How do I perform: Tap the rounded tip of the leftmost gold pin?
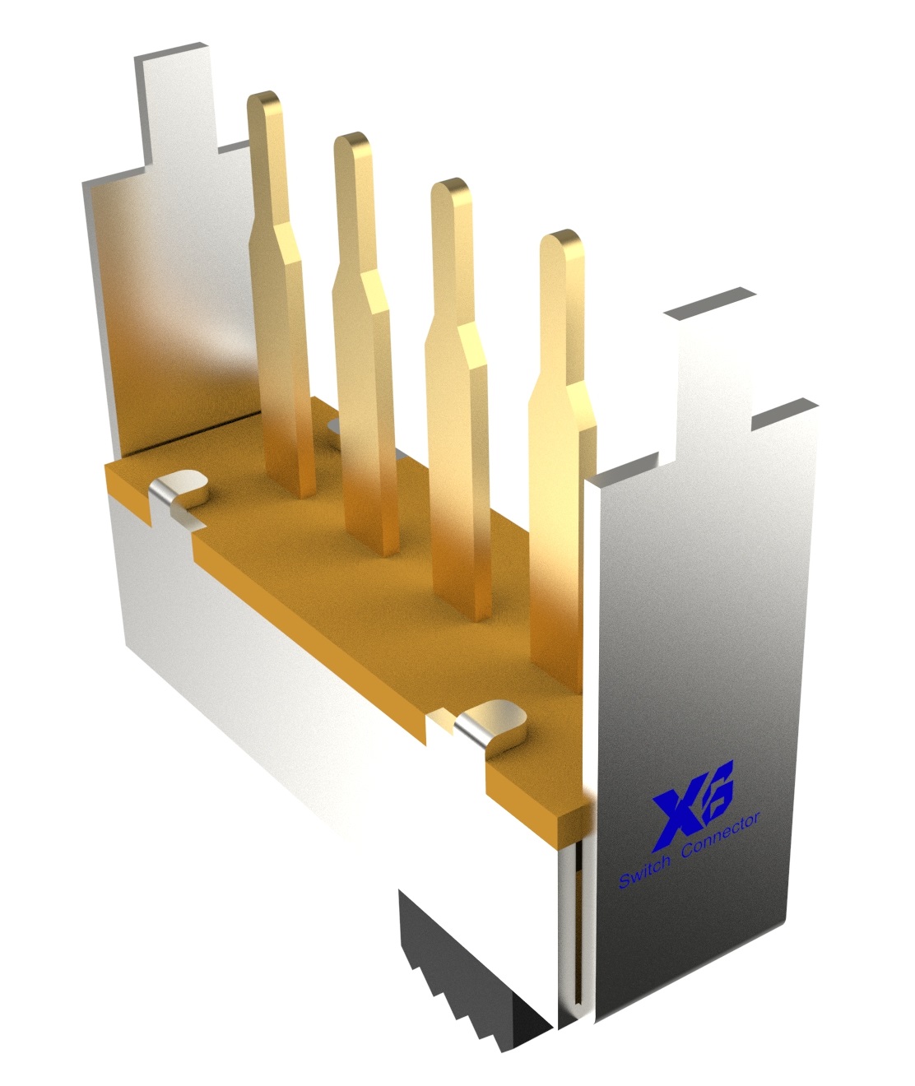tap(264, 102)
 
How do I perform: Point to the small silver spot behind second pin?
tap(333, 425)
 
